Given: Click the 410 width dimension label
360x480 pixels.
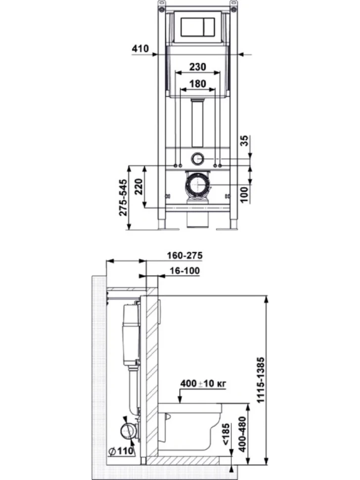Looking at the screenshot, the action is pos(140,48).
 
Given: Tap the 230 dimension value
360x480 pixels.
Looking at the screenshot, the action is pos(198,67).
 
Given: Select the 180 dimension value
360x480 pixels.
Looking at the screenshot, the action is pos(198,84).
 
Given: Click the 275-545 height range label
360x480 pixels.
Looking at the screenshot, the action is pos(123,198).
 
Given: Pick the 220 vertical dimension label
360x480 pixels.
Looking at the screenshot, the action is pos(138,187).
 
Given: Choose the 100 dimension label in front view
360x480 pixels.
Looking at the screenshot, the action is pos(244,194).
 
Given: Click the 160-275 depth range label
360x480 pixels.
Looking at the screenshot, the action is pos(185,255).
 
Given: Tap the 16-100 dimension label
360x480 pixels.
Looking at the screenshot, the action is pos(185,271).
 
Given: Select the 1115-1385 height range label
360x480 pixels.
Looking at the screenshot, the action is pos(261,380).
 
